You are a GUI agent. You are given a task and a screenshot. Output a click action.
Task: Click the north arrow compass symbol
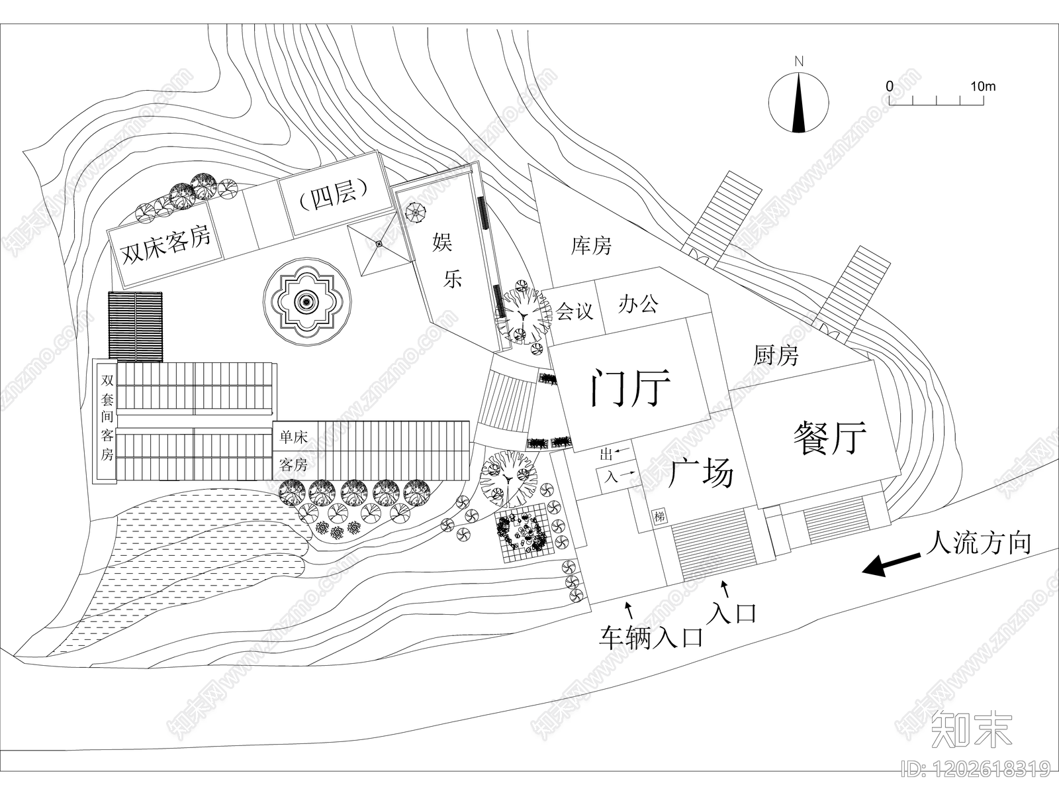tap(798, 102)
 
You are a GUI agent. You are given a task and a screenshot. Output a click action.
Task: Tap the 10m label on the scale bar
tap(983, 86)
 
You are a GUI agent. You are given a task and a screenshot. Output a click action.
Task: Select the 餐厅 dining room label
tap(829, 437)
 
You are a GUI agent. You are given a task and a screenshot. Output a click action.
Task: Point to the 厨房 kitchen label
tap(776, 355)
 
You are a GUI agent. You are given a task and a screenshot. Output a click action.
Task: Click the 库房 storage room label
tap(591, 246)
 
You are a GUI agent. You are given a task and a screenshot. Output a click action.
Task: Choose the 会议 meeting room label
tap(574, 311)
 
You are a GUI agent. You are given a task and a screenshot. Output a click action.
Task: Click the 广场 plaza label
tap(701, 473)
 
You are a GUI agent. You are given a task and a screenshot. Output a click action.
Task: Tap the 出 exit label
tap(606, 454)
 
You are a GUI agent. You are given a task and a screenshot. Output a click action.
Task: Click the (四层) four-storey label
tap(332, 195)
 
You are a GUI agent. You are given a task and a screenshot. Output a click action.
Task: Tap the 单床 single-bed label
tap(293, 437)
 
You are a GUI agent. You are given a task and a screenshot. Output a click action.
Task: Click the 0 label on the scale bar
tap(889, 86)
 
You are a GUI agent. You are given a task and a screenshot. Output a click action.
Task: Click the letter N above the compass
tap(799, 62)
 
